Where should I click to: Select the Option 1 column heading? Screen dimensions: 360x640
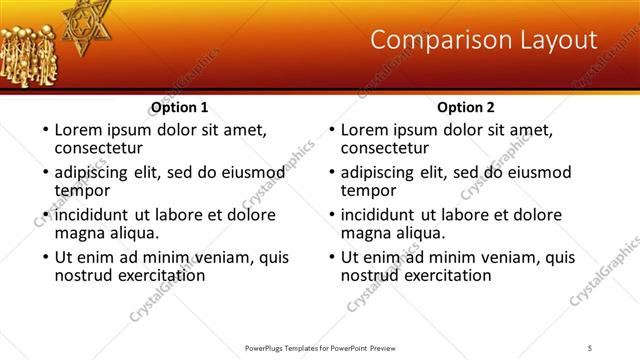coord(179,107)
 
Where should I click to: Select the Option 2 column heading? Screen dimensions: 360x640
coord(466,107)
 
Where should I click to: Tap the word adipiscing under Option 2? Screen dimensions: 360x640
coord(380,172)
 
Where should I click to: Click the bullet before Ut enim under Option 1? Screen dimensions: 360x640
coord(43,258)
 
